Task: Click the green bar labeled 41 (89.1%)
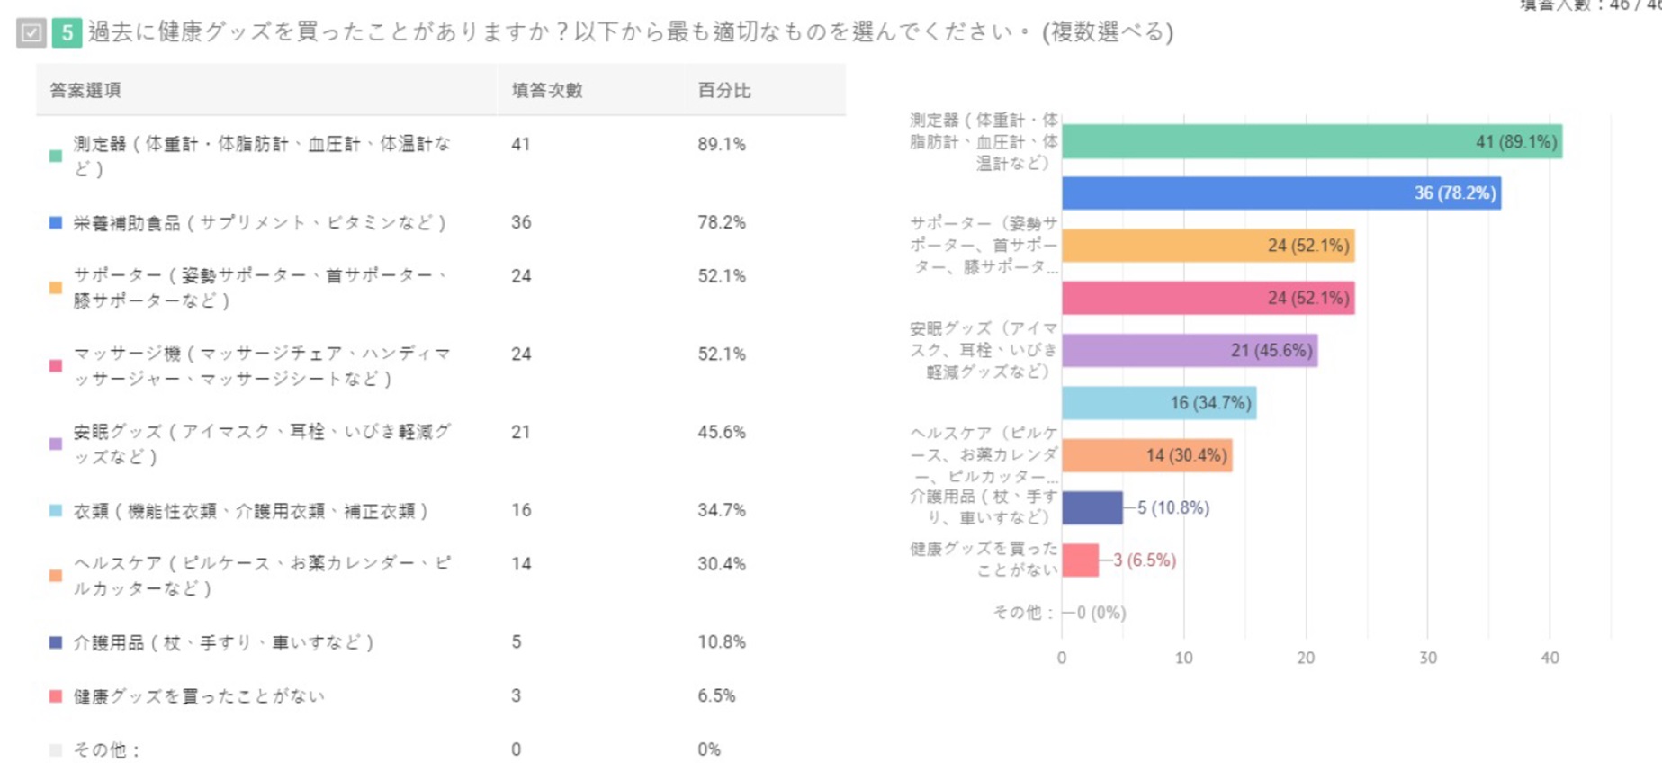click(1311, 142)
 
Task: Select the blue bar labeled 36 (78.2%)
click(1280, 193)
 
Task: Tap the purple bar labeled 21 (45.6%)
click(1189, 351)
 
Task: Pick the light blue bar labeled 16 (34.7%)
click(1158, 403)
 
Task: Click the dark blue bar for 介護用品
click(1092, 508)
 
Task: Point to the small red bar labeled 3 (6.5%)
click(1080, 560)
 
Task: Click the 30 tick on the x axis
click(1427, 658)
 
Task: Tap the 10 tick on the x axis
click(1183, 658)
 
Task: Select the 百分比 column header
click(723, 90)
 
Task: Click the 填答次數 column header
click(547, 90)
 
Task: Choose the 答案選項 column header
click(85, 90)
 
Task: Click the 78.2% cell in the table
click(721, 222)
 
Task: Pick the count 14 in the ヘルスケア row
click(521, 564)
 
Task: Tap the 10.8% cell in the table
click(721, 642)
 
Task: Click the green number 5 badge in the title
click(67, 33)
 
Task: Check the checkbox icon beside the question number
click(31, 33)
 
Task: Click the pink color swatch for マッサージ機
click(56, 366)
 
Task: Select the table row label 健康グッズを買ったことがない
click(199, 696)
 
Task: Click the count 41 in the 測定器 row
click(521, 144)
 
